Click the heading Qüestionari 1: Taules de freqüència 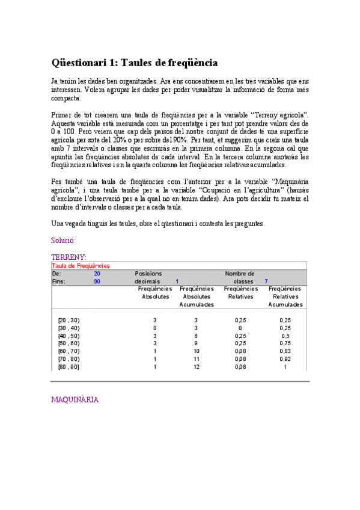tap(135, 63)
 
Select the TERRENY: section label tap(69, 257)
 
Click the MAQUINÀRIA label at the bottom tap(75, 399)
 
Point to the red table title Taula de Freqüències tap(81, 265)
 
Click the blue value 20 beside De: tap(97, 273)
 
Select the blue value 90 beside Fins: tap(97, 281)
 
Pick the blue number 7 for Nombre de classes tap(266, 281)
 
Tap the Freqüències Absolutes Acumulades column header tap(197, 296)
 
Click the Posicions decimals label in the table tap(148, 277)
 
